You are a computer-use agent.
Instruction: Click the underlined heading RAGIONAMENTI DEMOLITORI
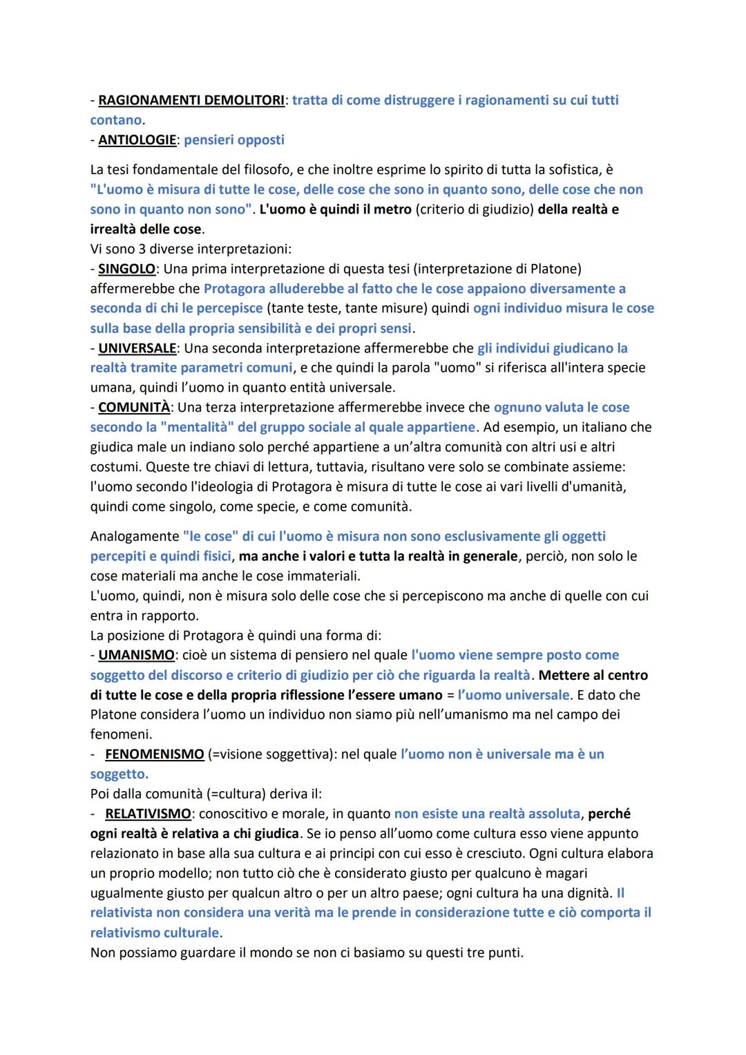pyautogui.click(x=191, y=100)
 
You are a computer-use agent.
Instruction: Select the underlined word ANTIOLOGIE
pyautogui.click(x=137, y=140)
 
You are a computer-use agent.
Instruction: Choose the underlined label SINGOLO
pyautogui.click(x=126, y=269)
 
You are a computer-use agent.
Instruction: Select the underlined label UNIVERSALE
pyautogui.click(x=137, y=348)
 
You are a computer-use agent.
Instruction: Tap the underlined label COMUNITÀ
pyautogui.click(x=134, y=408)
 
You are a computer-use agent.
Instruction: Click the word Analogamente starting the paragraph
pyautogui.click(x=135, y=536)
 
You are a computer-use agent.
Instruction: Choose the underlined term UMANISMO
pyautogui.click(x=136, y=655)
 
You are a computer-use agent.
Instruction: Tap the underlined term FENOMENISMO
pyautogui.click(x=154, y=754)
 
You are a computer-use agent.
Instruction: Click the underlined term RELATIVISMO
pyautogui.click(x=148, y=814)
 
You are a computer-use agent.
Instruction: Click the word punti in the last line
pyautogui.click(x=504, y=953)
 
